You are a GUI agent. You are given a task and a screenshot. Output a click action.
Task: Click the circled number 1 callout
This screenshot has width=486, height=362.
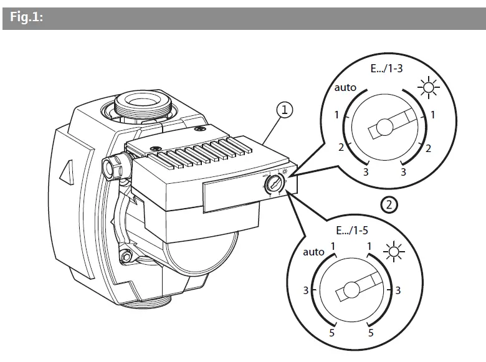tap(285, 111)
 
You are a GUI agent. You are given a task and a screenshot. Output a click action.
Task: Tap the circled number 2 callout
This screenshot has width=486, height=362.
tap(388, 204)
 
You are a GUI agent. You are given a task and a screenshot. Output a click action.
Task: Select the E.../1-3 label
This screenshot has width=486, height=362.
tap(386, 70)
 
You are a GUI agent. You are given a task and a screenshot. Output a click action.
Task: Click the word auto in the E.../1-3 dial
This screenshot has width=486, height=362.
tap(345, 88)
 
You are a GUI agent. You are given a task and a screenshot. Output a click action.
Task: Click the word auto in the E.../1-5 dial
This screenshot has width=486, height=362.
tap(313, 252)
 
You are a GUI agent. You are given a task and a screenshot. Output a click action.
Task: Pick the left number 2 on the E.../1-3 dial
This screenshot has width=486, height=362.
tap(341, 147)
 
